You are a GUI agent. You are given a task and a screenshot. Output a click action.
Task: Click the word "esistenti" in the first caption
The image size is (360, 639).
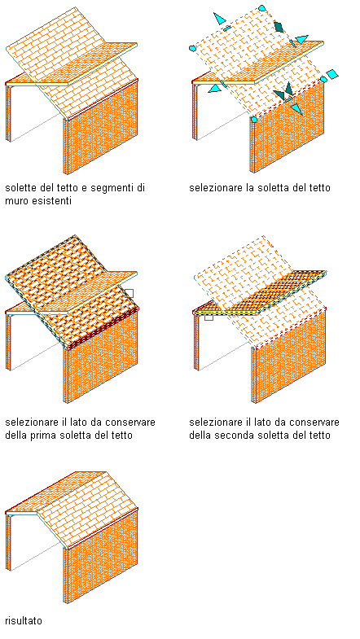pos(54,201)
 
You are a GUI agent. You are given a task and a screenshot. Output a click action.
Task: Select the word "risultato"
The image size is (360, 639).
pos(24,620)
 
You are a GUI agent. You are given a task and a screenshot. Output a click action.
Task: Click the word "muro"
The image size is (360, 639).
pos(19,201)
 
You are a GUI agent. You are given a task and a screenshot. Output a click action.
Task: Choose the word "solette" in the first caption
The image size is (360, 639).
pos(20,188)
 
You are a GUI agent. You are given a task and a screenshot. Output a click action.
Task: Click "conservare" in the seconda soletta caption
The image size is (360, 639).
pos(316,422)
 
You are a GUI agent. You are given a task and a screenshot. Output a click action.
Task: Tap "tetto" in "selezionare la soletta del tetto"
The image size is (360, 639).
pos(319,188)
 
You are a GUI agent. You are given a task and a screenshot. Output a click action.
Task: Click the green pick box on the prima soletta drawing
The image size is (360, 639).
pos(129,293)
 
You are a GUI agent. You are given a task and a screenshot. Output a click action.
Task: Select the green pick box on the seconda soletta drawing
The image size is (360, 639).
pos(209,316)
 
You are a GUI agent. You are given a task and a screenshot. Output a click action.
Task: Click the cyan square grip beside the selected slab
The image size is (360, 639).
pos(332,75)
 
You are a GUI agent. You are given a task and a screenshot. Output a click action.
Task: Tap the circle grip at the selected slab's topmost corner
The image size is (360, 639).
pos(262,8)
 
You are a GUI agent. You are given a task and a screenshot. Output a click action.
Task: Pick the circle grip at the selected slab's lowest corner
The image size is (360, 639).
pos(253,120)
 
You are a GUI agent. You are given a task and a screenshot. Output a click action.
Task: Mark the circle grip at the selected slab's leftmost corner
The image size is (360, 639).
pos(192,49)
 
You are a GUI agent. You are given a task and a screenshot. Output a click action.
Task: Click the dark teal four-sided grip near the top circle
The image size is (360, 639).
pos(279,27)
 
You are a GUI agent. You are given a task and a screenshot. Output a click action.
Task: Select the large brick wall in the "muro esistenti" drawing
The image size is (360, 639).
pos(102,125)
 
